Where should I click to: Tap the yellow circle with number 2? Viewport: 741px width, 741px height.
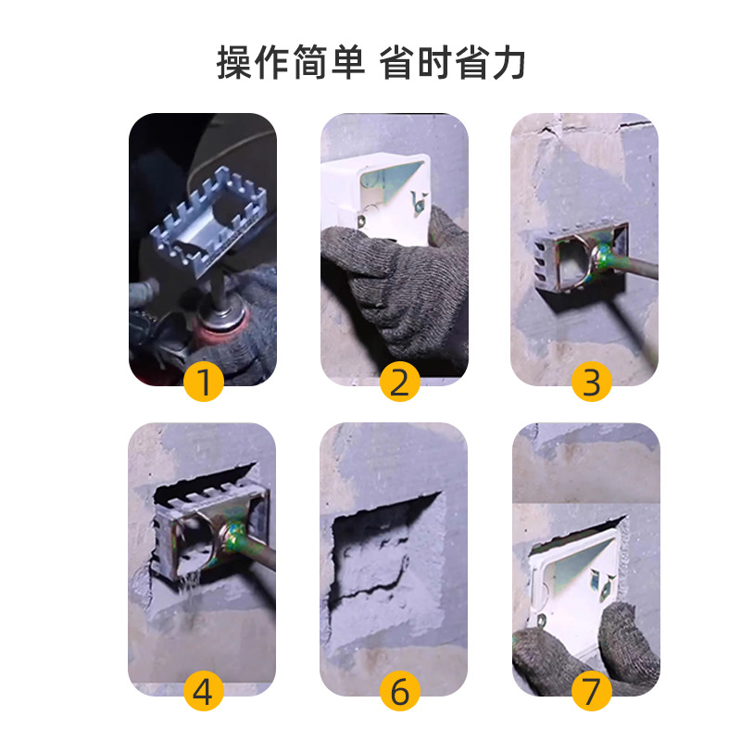398,381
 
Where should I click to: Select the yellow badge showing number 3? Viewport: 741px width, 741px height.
591,381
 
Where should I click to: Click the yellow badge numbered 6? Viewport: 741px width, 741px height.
398,689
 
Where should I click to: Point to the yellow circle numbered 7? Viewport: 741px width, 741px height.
591,689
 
